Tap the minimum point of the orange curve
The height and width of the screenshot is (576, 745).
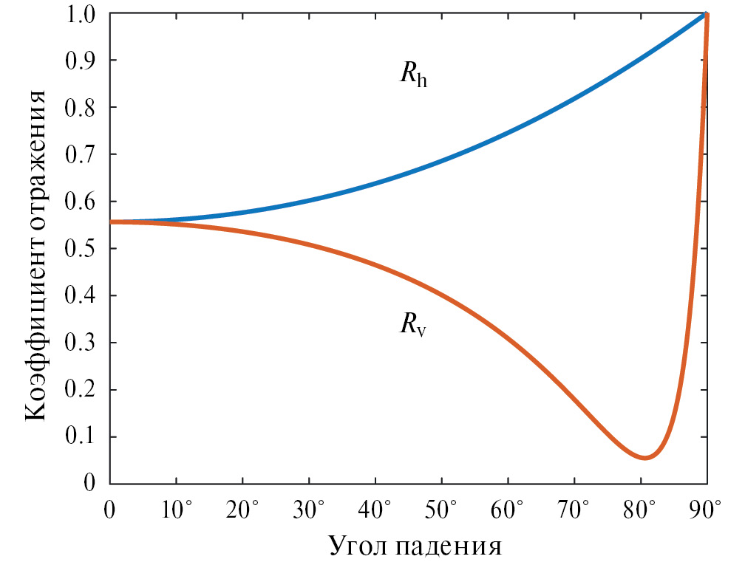[x=644, y=458]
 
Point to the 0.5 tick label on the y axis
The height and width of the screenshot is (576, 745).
[x=81, y=249]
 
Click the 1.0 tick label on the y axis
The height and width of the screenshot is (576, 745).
[x=81, y=13]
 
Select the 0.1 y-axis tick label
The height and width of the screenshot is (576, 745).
[x=81, y=437]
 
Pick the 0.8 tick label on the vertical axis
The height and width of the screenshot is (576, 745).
[x=81, y=107]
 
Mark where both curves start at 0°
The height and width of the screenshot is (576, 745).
[x=111, y=222]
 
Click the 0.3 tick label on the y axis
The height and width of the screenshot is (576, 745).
[x=81, y=343]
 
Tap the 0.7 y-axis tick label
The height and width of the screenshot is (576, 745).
[x=81, y=154]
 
